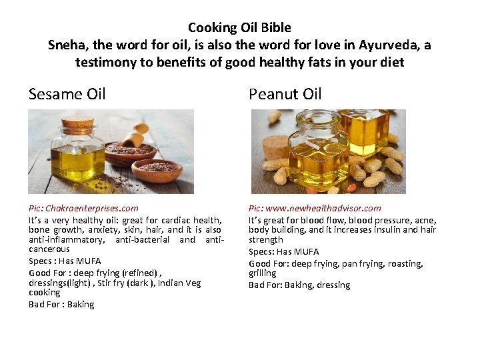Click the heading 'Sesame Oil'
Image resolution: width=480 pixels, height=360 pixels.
coord(67,94)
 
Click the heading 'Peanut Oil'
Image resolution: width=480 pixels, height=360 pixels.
coord(285,94)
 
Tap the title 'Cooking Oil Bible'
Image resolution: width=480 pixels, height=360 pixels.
coord(239,27)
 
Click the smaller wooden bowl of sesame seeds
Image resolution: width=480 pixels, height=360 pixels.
coord(157,171)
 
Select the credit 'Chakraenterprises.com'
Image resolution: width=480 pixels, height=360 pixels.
coord(92,208)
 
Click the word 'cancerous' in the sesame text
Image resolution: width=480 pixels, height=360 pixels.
coord(49,249)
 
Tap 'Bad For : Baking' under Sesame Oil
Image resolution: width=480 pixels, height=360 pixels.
coord(61,304)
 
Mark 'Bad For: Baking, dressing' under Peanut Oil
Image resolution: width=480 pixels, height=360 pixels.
coord(299,285)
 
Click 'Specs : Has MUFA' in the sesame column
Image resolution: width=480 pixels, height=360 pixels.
coord(65,261)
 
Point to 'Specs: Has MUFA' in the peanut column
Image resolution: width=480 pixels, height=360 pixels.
coord(283,251)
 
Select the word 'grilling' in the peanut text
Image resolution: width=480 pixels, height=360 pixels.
coord(262,273)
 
